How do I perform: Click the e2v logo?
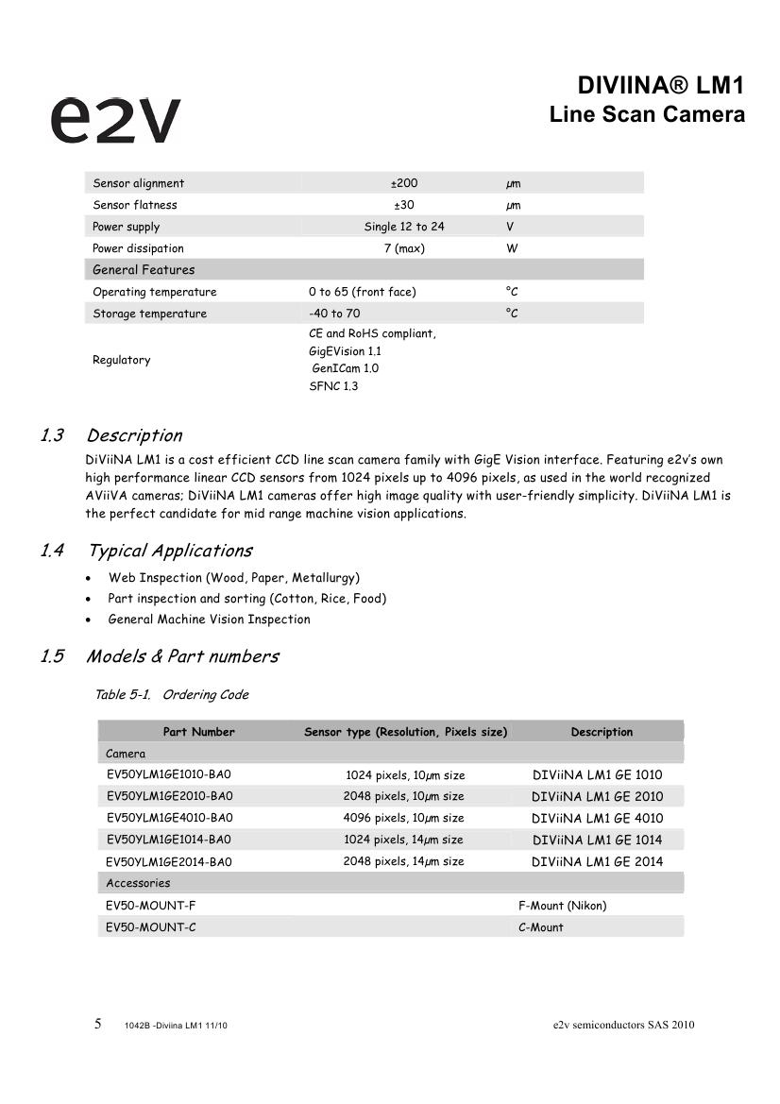(114, 119)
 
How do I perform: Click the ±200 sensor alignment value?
(404, 183)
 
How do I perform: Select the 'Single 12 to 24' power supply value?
(404, 227)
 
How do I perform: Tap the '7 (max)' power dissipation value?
(404, 248)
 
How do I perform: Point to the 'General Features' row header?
(144, 270)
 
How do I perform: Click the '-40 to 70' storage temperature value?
(334, 314)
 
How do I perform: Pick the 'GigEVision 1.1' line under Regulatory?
(345, 350)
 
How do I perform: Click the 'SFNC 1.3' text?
(333, 386)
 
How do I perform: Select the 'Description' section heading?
(134, 435)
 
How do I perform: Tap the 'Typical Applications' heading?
(170, 551)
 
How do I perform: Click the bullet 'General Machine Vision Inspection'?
(209, 620)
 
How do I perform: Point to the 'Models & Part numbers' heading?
(182, 656)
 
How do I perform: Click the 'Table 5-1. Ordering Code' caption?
(172, 695)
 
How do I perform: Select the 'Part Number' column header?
(198, 732)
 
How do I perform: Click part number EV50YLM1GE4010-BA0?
(169, 818)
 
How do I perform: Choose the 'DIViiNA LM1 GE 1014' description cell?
(597, 840)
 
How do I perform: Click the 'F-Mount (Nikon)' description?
(562, 906)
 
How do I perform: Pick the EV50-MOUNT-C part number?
(151, 927)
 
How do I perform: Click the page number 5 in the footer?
(98, 1025)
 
